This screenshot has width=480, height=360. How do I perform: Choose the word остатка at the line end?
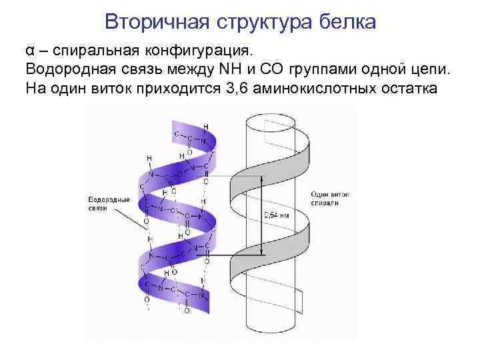pyautogui.click(x=407, y=88)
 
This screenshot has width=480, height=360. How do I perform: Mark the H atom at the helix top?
pyautogui.click(x=205, y=126)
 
